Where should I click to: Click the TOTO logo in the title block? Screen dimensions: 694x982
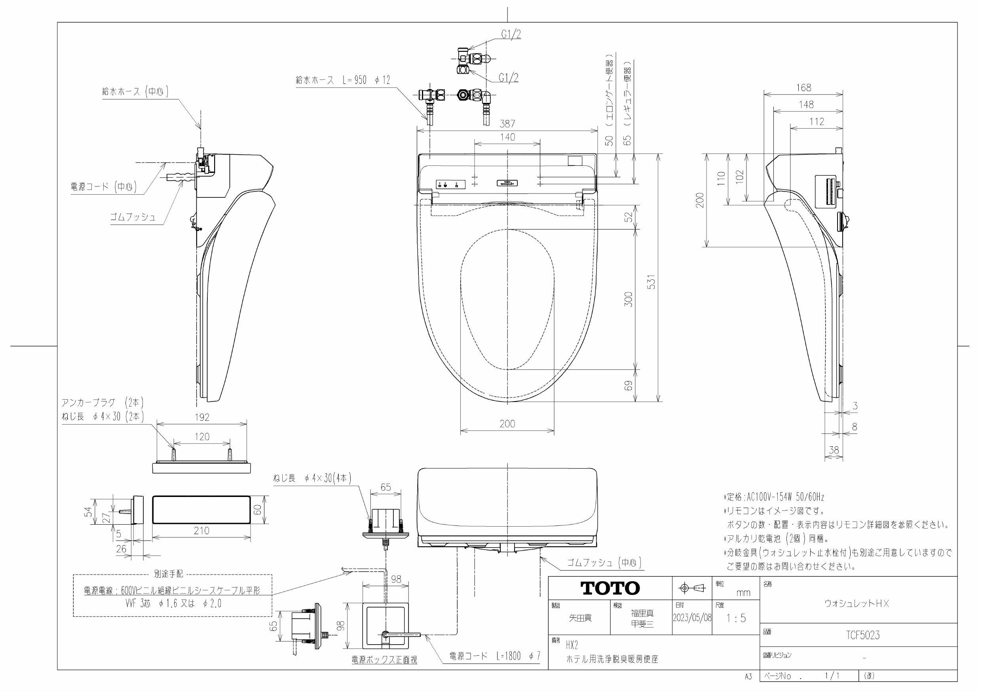point(610,588)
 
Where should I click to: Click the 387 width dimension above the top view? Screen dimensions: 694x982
point(507,123)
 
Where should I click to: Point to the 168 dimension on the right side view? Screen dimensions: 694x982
point(803,88)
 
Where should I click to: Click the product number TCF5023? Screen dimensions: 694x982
point(863,635)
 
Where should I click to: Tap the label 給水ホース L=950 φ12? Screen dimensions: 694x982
point(343,80)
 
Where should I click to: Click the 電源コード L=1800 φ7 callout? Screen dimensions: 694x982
point(494,656)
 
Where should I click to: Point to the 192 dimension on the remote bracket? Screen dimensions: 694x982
point(202,417)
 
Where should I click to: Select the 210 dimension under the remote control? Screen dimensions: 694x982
point(201,531)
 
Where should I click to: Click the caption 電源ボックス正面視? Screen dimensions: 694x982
point(384,660)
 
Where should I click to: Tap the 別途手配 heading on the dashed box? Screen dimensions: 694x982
point(168,574)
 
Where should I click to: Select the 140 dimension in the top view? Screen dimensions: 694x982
point(507,137)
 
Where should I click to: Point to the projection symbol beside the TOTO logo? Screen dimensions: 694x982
point(691,588)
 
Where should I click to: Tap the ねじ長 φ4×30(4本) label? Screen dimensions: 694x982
point(312,478)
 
